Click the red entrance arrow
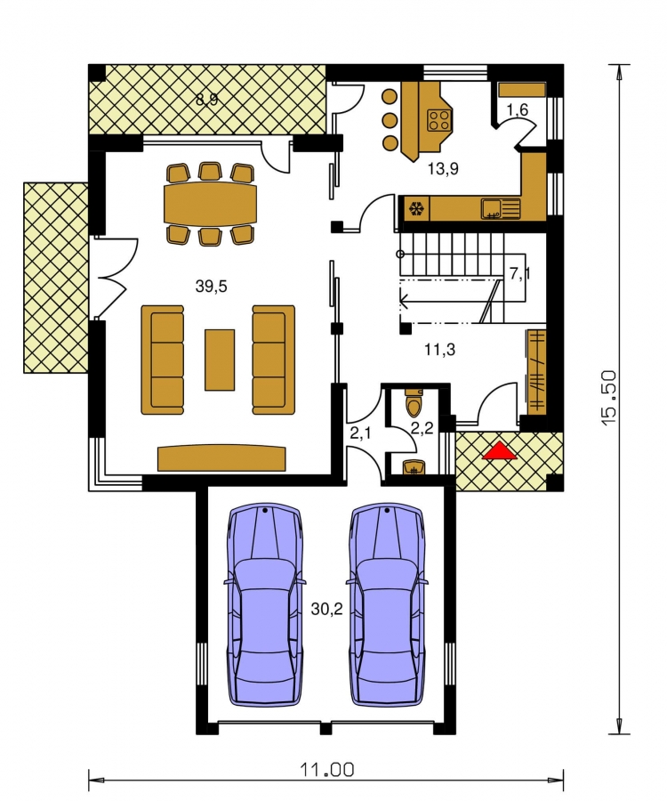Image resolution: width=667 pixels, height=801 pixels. (499, 451)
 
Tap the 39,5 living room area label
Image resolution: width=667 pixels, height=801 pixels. (212, 287)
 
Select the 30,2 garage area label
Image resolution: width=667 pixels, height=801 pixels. (326, 609)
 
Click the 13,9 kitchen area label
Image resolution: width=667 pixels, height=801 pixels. (443, 168)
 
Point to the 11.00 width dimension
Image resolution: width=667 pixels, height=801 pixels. (326, 769)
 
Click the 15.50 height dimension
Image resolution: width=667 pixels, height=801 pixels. (609, 399)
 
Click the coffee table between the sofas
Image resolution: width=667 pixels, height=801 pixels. (220, 360)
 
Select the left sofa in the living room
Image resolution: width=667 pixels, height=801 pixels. (162, 360)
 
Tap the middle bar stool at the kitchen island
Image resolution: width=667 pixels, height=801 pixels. (390, 120)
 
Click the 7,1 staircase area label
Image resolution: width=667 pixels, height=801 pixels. (519, 274)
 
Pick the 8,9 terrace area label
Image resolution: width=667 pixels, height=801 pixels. (207, 99)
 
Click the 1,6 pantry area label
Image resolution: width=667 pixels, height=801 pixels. (517, 109)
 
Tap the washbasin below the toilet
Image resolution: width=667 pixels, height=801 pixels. (414, 467)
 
